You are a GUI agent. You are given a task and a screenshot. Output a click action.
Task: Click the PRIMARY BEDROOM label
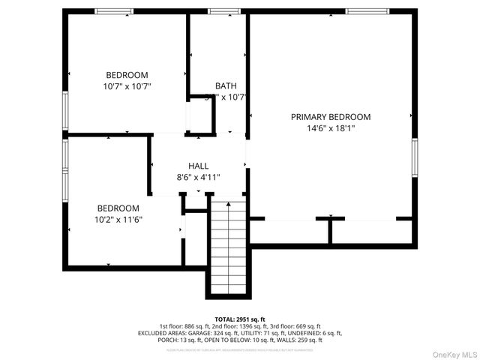[331, 117]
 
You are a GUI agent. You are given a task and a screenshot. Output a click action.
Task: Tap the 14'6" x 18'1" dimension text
[331, 128]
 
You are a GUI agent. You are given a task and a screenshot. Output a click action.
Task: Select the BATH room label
[226, 86]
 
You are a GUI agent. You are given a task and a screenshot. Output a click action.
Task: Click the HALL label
[199, 166]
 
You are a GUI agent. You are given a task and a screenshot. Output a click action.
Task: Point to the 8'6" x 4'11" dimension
[199, 177]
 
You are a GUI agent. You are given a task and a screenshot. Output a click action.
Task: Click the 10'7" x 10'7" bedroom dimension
[127, 86]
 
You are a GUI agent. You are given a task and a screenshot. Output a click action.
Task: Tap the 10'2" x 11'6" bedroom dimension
[118, 220]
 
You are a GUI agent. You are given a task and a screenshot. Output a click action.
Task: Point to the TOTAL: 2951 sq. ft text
[239, 319]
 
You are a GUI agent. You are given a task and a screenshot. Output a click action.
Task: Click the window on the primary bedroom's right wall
[414, 157]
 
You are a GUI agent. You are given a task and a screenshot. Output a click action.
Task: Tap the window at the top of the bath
[219, 12]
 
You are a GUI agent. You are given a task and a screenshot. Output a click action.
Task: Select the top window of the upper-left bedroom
[113, 12]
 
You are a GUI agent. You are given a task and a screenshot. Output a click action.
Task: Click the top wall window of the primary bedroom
[367, 12]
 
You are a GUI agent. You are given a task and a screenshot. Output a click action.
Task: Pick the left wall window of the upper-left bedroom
[65, 110]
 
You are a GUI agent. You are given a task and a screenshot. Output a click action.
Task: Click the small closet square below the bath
[200, 116]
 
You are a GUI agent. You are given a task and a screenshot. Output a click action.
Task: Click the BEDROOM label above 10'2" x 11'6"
[118, 208]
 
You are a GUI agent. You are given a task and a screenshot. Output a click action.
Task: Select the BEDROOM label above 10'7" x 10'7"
[127, 75]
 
